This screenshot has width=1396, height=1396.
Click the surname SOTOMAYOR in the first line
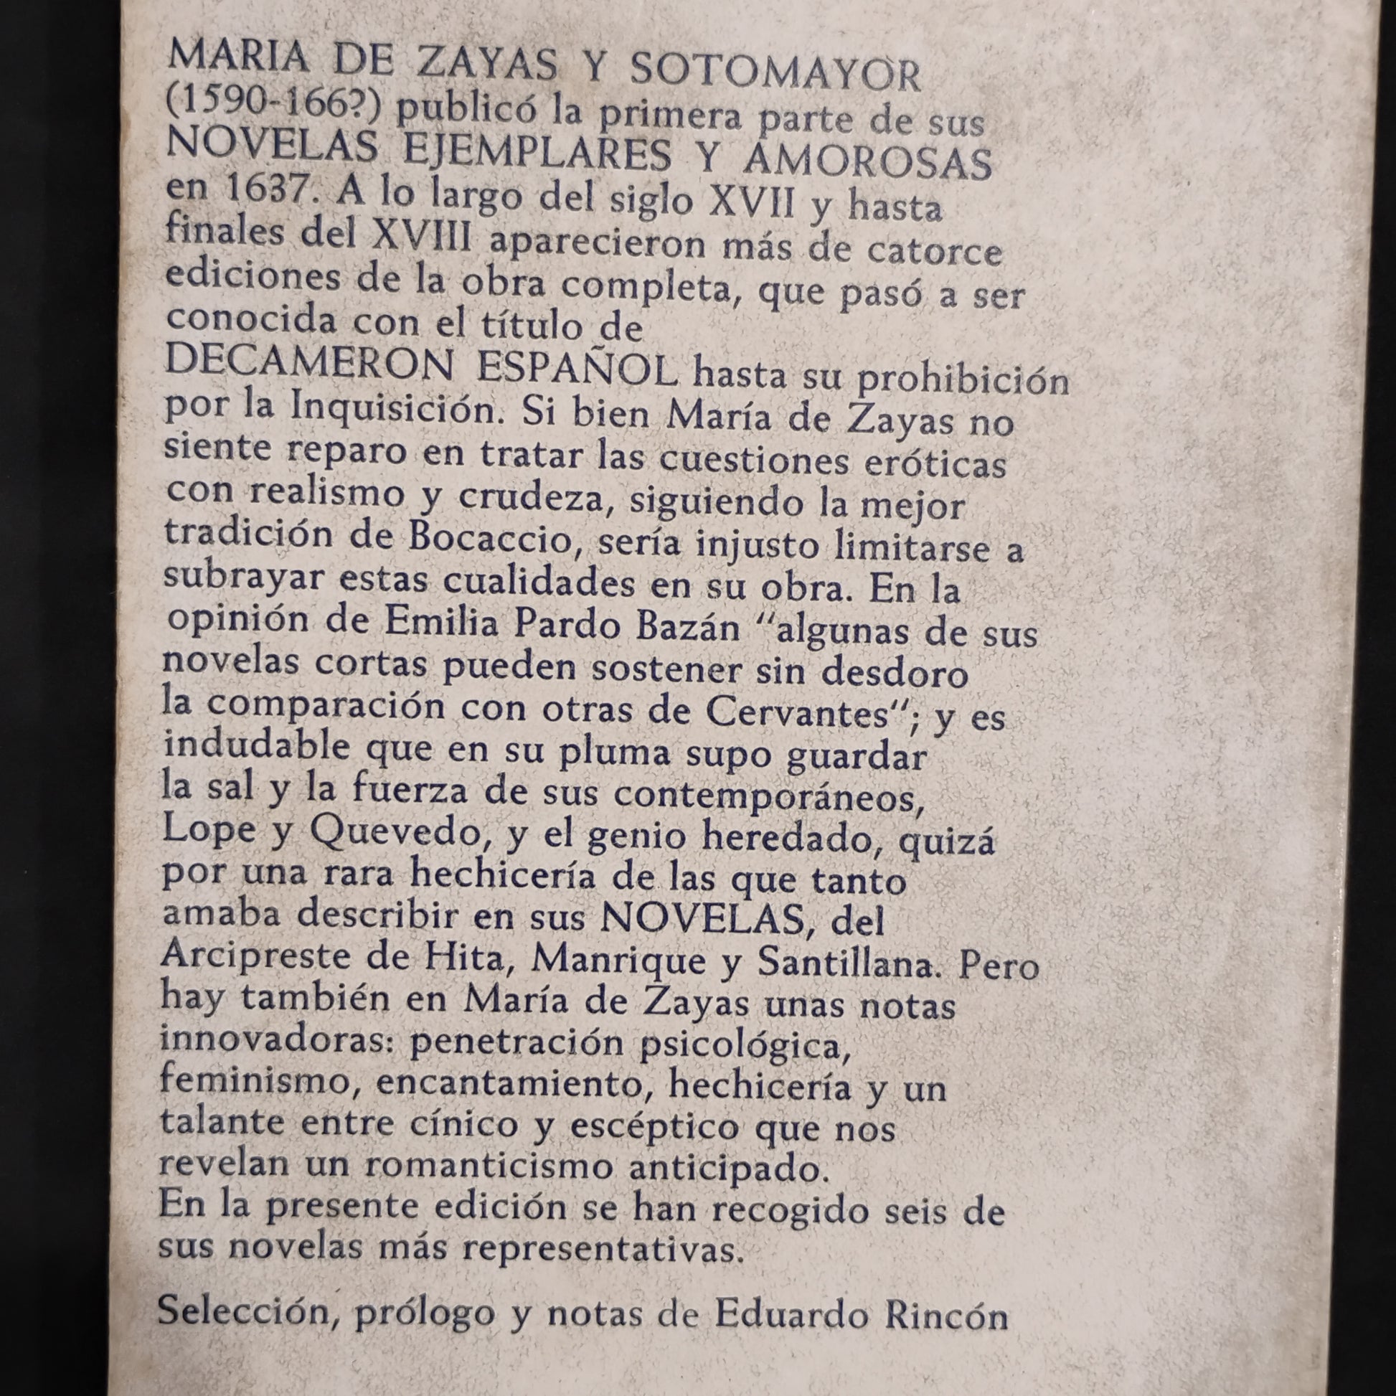click(x=775, y=75)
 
